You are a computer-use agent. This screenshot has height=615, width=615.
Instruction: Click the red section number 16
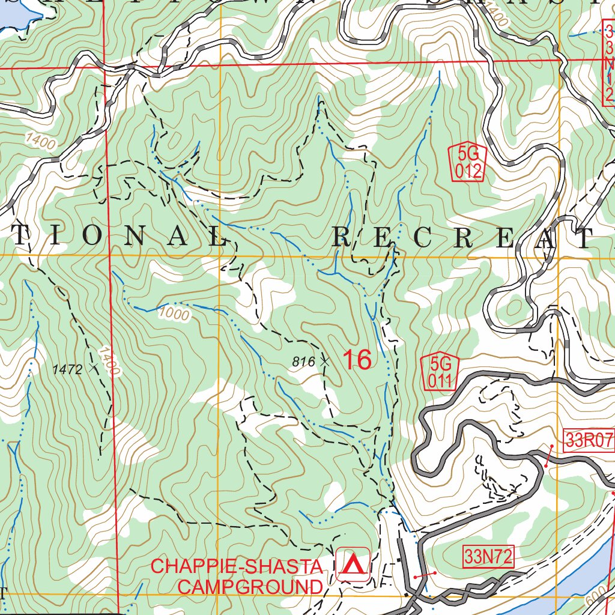tap(357, 360)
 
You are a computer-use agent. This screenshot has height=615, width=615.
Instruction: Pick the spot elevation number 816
tap(303, 362)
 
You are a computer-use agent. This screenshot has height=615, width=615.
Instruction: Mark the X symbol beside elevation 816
tap(325, 362)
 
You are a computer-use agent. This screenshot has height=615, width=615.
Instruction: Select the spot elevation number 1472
tap(67, 369)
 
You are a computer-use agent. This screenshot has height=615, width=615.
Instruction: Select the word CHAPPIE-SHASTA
tap(237, 566)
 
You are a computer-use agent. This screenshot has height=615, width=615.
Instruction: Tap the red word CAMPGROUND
tap(250, 587)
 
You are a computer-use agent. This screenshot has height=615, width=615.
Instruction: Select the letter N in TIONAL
tap(134, 237)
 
